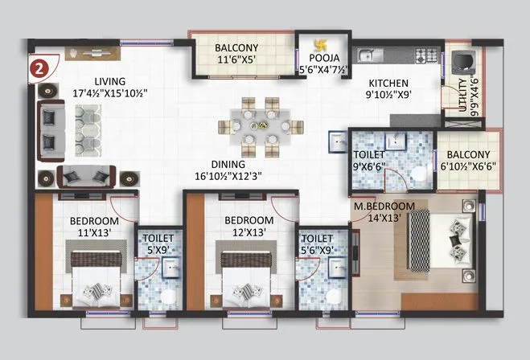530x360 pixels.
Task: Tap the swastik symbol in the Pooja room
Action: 314,47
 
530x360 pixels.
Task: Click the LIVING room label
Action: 111,81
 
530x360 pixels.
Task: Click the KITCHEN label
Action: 388,83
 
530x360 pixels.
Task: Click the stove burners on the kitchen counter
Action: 422,56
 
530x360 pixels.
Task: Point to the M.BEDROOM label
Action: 384,206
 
